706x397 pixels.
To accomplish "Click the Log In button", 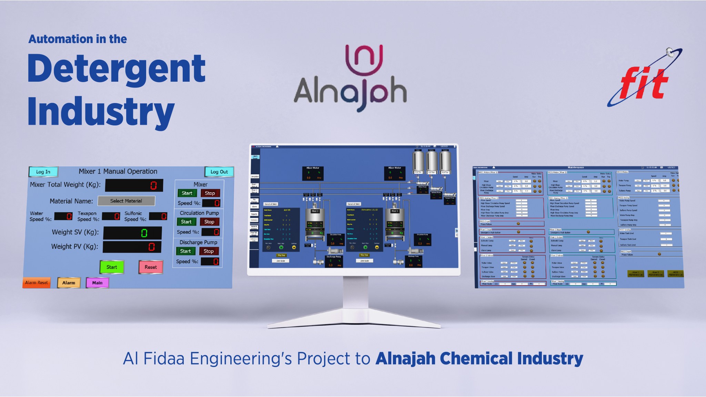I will coord(43,172).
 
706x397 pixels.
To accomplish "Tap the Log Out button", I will coord(219,172).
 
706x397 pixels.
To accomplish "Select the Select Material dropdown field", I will coord(126,201).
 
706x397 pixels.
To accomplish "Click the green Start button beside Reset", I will coord(111,267).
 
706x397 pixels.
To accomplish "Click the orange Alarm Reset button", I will coord(37,283).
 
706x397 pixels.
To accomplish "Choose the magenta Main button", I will coord(97,283).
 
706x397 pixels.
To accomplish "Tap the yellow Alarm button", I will coord(69,283).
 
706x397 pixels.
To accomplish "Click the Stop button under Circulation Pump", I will coord(209,222).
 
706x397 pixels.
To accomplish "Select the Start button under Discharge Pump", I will coord(185,251).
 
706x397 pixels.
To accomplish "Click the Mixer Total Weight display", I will coord(134,185).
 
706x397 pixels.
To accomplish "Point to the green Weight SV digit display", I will coord(132,233).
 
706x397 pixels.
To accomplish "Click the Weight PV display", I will coord(132,247).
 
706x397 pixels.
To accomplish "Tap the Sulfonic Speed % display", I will coord(158,216).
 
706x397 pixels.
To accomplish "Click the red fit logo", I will coord(643,83).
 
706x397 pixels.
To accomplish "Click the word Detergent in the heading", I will coord(117,69).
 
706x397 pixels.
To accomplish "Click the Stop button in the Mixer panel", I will coord(210,193).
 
